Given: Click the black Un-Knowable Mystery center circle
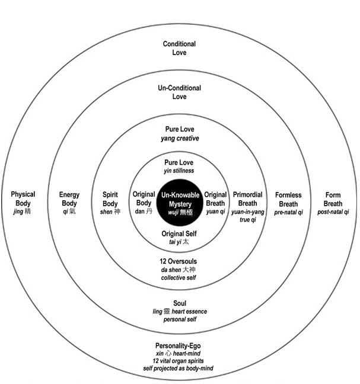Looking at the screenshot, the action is coord(180,203).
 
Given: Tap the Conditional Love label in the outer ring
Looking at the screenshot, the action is coord(179,48).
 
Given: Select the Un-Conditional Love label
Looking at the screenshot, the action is coord(179,92).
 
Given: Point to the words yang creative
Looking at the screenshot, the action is coord(180,138).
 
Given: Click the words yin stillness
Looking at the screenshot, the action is coord(179,171).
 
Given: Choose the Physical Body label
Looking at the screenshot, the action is coord(23,199).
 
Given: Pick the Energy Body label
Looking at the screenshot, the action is coord(69,199).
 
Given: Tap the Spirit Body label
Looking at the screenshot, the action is coord(110,199).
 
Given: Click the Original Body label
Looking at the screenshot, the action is coord(144,199).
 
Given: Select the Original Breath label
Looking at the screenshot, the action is coord(215,199).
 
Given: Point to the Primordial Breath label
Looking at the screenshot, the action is coord(247,199).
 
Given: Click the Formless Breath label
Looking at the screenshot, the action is coord(288,199).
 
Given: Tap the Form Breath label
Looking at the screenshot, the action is coord(333,199).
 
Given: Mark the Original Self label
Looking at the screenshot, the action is coord(179,233).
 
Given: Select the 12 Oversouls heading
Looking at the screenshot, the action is coord(178,261).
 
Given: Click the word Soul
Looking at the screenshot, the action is coord(180,303).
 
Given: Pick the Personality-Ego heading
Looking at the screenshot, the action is coord(178,346).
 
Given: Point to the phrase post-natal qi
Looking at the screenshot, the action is coord(333,212).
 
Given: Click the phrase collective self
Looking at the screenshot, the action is coord(179,277).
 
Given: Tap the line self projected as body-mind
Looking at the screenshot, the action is coord(178,368).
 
